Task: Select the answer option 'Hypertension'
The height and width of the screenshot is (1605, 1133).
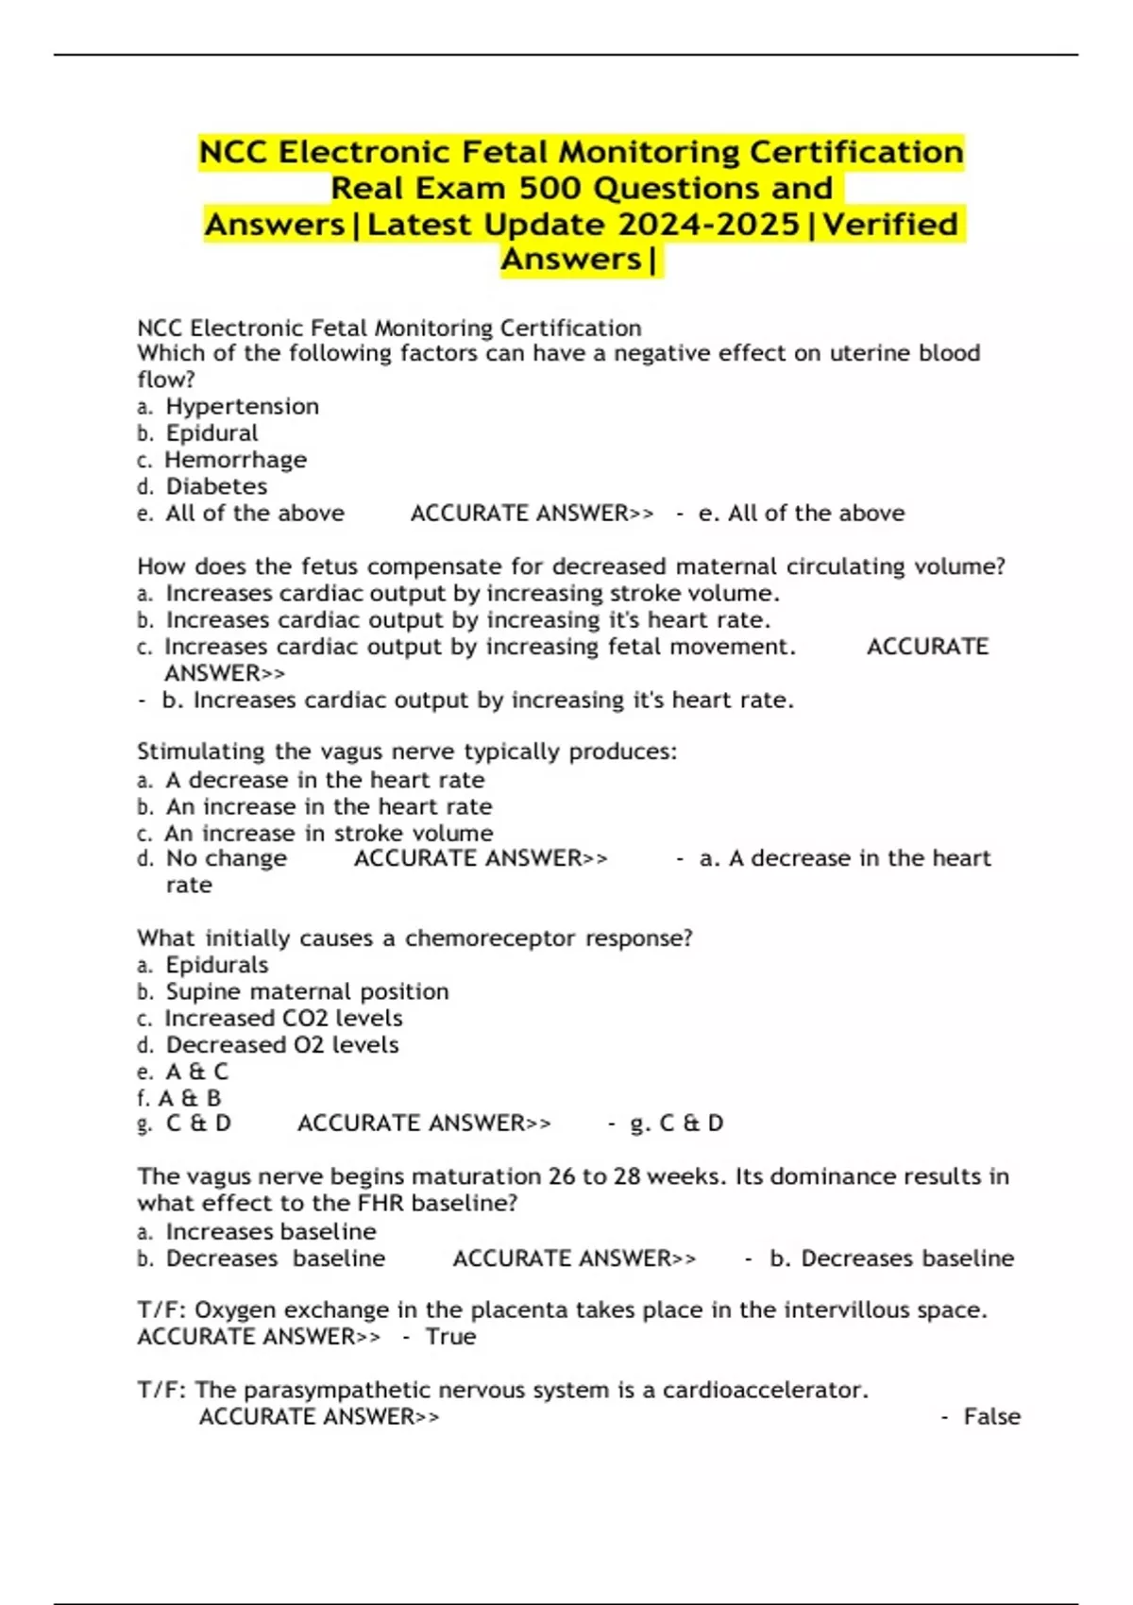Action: [242, 407]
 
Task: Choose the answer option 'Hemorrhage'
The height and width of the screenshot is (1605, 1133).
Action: [235, 460]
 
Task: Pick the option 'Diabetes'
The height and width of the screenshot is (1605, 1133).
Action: [216, 486]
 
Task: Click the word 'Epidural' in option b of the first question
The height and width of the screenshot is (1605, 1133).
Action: [211, 433]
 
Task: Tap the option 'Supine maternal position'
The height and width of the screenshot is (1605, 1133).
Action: [307, 991]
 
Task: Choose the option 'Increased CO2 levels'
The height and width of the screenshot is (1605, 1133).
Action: [283, 1018]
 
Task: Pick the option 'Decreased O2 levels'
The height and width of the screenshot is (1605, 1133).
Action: [281, 1045]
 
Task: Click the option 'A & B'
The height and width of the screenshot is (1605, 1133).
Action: [189, 1098]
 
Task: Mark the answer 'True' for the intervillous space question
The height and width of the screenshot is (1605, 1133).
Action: [450, 1337]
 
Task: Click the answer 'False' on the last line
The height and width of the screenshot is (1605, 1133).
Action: [991, 1416]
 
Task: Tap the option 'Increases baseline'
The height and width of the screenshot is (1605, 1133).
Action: [270, 1232]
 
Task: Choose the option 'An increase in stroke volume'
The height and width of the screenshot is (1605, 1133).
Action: [328, 834]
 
